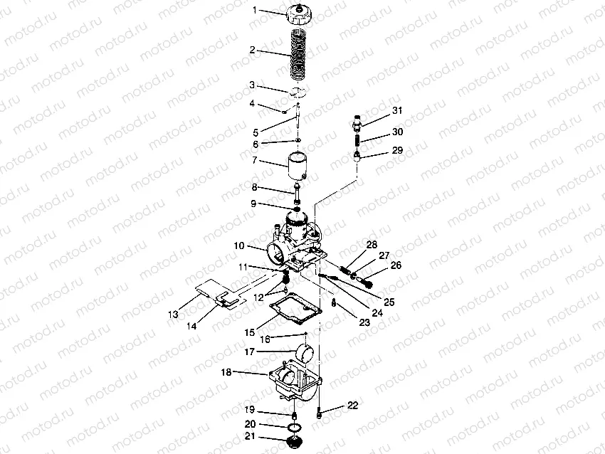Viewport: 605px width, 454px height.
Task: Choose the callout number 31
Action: click(x=396, y=110)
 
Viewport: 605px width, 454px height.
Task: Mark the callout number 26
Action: click(x=396, y=265)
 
